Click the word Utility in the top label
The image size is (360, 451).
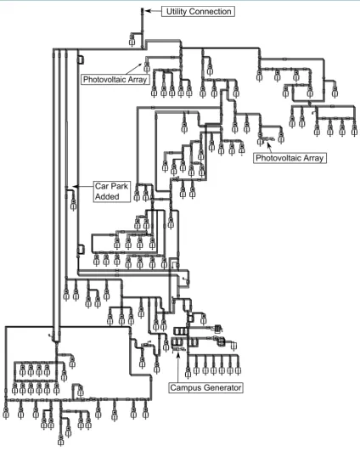pos(177,12)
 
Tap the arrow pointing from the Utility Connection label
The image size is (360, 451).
pos(153,11)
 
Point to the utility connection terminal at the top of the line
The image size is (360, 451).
pos(142,11)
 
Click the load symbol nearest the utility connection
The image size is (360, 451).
pos(132,40)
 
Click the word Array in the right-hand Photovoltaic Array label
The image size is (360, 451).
pos(313,158)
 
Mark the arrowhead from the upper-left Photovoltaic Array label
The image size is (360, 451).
pos(141,65)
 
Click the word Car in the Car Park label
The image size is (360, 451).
pos(102,186)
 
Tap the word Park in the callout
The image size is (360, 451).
pos(119,186)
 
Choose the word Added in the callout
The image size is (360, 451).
pos(107,197)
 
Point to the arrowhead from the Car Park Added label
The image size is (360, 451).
pos(75,186)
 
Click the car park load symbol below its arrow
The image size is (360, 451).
pos(74,204)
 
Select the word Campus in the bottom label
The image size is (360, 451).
pos(183,387)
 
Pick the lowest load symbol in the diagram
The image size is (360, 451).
pos(60,440)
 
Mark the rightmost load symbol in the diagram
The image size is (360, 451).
pos(354,129)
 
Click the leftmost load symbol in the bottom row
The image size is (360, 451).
pos(6,413)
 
